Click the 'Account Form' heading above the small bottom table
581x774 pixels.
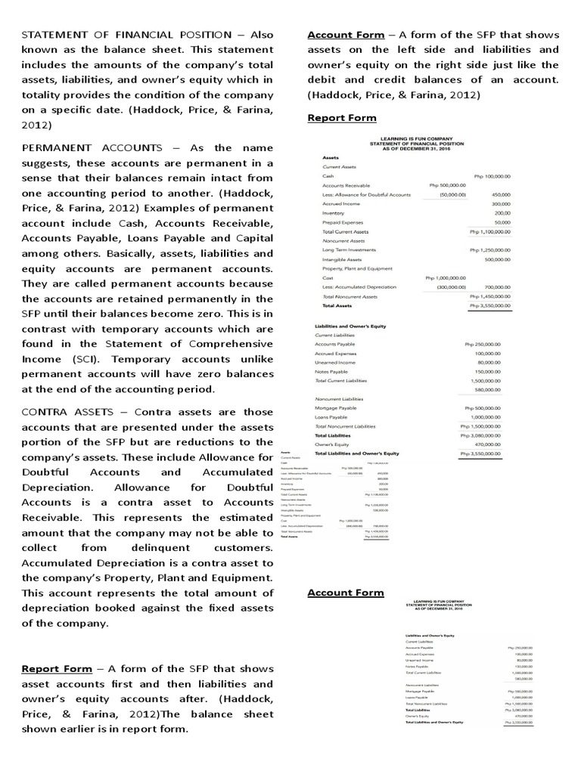(345, 592)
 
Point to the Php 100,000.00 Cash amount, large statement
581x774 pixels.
(492, 175)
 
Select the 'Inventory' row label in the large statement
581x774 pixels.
(334, 213)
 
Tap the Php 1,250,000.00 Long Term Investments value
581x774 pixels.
(489, 249)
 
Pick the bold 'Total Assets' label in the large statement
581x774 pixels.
(337, 305)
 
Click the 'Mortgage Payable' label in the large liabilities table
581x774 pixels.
(338, 407)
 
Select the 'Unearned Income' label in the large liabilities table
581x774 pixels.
(337, 362)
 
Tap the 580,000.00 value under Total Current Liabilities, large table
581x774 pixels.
(494, 389)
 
